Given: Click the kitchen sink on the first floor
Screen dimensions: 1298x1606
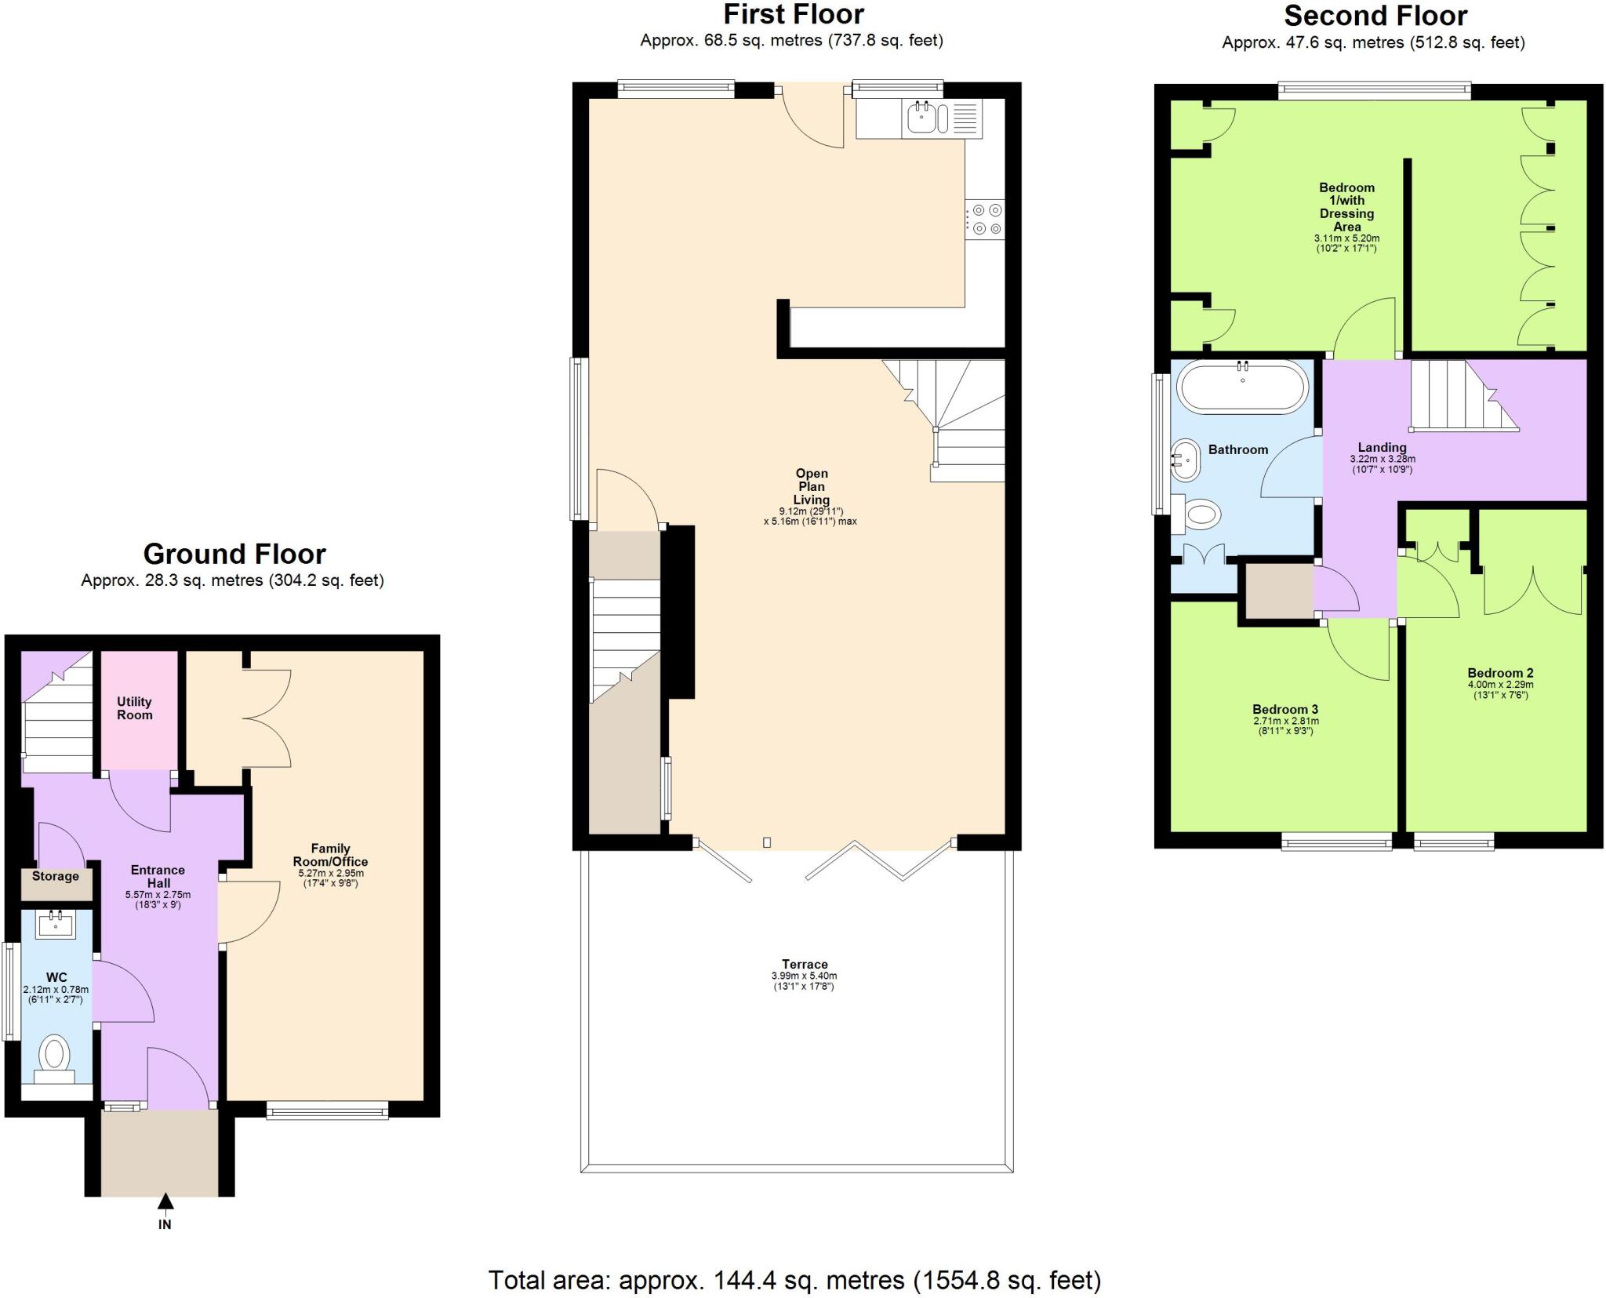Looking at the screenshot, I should tap(921, 118).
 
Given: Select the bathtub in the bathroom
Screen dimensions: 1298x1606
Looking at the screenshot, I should tap(1242, 387).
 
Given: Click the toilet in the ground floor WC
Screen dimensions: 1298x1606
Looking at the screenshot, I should tap(54, 1055).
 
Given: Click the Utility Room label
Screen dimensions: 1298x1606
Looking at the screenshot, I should tap(134, 708).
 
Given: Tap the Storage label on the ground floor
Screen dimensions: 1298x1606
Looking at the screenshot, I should tap(55, 876).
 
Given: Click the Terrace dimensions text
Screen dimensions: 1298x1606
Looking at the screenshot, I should tap(804, 981).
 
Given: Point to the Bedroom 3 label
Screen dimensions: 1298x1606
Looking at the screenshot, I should tap(1285, 710).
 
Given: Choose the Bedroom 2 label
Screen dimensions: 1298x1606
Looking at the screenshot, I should tap(1500, 673).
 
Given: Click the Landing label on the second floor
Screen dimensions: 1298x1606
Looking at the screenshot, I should tap(1382, 448).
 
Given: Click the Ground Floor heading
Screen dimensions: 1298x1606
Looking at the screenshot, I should tap(234, 554).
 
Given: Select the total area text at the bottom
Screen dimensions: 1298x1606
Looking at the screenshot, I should tap(794, 1280).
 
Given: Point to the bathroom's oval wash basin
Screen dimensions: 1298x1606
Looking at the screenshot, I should tap(1186, 460).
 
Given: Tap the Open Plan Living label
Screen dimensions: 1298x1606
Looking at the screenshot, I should tap(811, 486).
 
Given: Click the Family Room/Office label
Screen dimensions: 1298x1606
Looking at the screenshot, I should tap(330, 855).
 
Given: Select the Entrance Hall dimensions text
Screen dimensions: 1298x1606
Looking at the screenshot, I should tap(158, 899).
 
